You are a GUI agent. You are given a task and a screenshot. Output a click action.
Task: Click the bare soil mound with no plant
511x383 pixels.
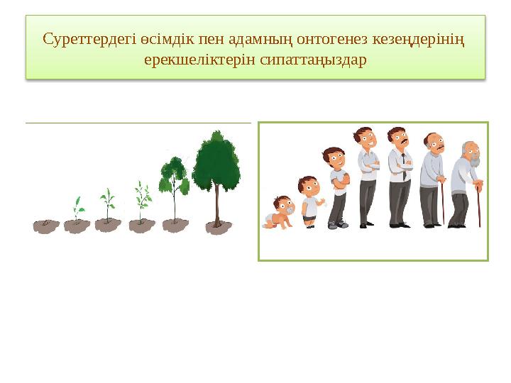click(46, 226)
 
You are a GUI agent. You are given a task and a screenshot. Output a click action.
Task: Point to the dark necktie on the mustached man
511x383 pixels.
click(403, 167)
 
